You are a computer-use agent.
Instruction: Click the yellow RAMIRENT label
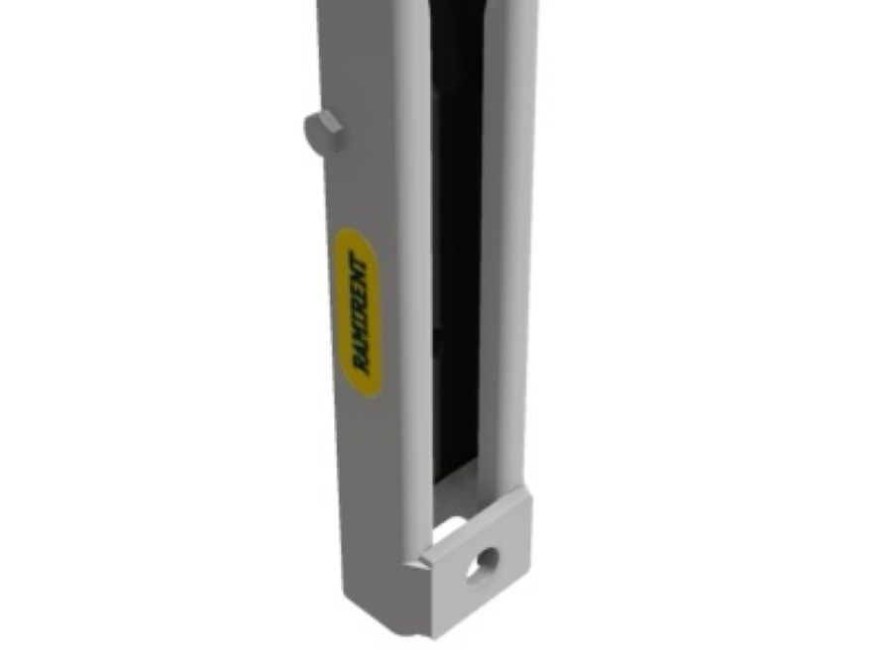click(356, 313)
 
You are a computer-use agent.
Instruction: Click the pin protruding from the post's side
click(323, 131)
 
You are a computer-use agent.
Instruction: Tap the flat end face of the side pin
click(314, 129)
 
